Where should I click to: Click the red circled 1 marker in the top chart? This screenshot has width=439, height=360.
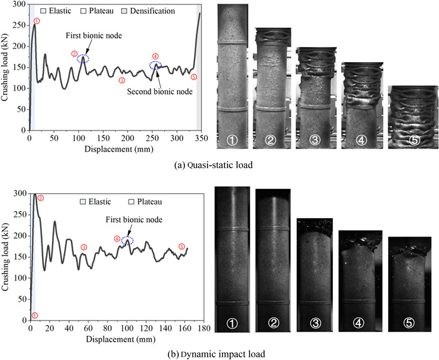click(x=37, y=21)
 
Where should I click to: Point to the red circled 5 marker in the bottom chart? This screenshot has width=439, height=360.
click(x=182, y=246)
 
